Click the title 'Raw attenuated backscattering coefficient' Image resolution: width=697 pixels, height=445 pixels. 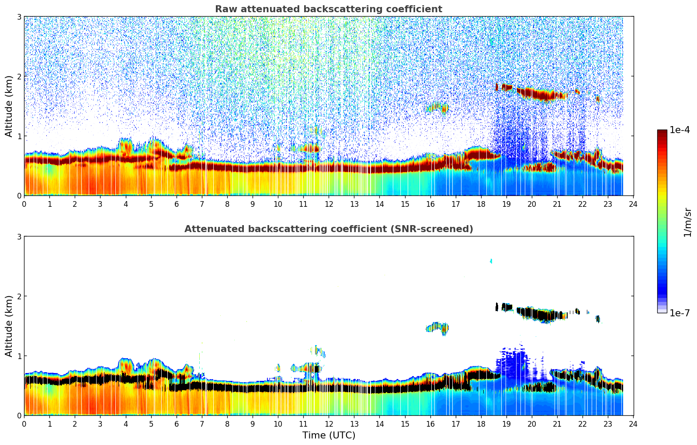pos(328,9)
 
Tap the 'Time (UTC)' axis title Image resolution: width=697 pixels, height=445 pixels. pos(329,435)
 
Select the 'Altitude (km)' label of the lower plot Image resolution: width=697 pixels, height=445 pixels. pos(9,326)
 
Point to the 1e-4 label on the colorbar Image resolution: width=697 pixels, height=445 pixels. pos(680,130)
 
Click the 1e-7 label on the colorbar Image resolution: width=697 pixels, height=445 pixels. pos(680,313)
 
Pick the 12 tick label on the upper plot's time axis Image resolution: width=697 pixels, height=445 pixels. pos(329,204)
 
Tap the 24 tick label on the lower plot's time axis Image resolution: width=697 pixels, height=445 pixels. pos(633,424)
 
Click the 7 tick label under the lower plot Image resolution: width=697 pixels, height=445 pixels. pos(202,424)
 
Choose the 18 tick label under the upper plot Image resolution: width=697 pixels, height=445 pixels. pos(481,204)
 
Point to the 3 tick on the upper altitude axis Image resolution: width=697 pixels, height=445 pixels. pos(19,17)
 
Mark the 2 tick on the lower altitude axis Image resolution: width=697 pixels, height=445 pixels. pos(19,296)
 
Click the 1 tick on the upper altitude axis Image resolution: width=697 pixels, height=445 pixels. pos(19,136)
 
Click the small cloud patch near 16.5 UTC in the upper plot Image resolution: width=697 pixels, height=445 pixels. pos(439,107)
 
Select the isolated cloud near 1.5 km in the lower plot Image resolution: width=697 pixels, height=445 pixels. pos(438,327)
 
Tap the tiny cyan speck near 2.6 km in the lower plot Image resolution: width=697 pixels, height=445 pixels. pos(491,261)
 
